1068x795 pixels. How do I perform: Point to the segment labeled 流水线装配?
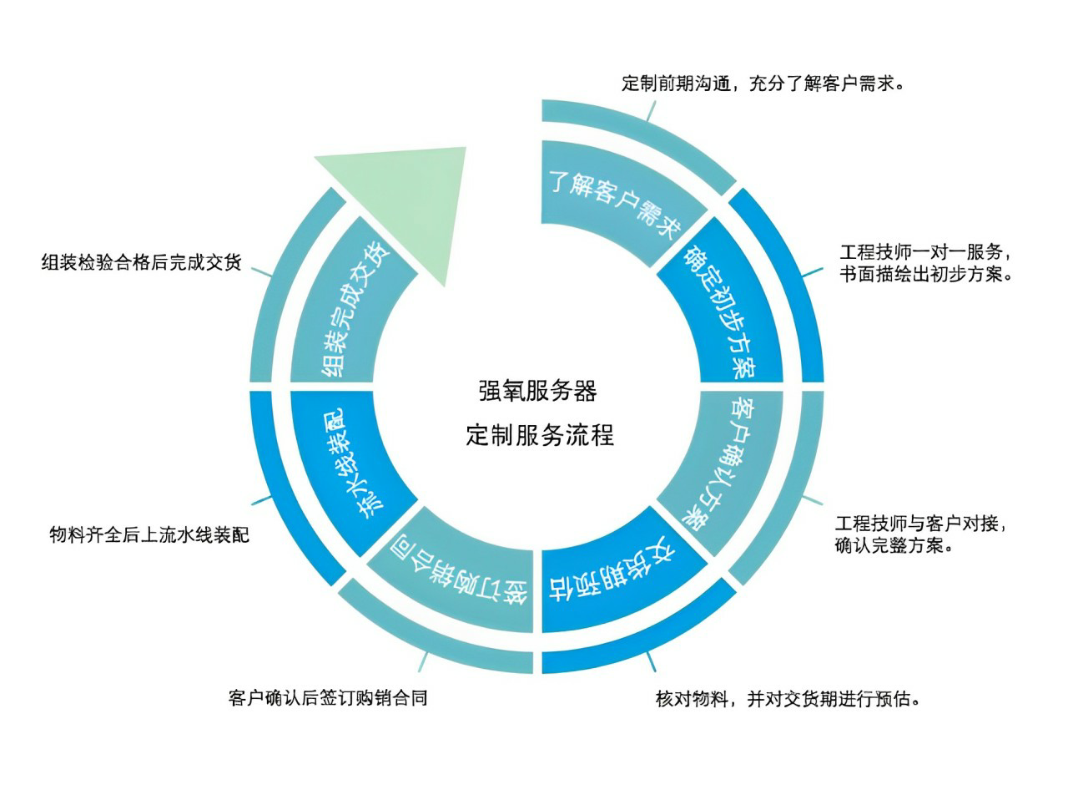click(351, 463)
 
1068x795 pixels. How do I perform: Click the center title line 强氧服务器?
click(537, 391)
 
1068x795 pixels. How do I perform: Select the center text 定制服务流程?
click(539, 435)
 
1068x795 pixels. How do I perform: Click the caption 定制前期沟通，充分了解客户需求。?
click(763, 84)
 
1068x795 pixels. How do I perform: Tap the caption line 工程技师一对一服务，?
click(924, 252)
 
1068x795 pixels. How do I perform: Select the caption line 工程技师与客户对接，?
click(920, 524)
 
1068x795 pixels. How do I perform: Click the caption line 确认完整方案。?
click(894, 545)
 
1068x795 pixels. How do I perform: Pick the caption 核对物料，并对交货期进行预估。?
click(788, 699)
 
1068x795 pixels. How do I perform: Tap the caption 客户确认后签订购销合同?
click(328, 697)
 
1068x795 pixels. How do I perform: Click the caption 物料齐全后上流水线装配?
click(149, 534)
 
